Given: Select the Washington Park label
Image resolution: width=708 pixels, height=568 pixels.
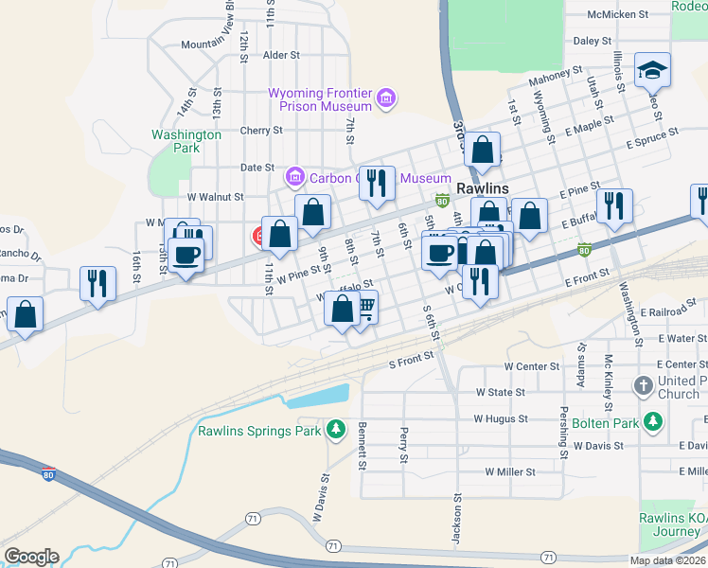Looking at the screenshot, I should tap(186, 141).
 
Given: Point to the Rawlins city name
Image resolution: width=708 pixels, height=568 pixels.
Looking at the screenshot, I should tap(483, 188).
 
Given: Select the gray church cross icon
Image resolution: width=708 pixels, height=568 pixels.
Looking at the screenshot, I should tap(644, 385).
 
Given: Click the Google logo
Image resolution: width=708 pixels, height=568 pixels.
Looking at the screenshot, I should tap(31, 557).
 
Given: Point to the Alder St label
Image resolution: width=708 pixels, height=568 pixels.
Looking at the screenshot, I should tap(281, 56).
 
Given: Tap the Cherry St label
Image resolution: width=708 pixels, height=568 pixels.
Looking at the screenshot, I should tap(261, 131).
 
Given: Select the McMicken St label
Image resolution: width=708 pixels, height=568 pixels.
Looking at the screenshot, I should tap(644, 15).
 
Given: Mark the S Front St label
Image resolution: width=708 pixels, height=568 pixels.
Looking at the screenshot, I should tap(411, 358).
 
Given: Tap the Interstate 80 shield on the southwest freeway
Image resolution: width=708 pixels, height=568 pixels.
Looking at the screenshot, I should tap(48, 473).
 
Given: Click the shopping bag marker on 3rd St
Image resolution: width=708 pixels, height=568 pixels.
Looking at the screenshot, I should tap(483, 150).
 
